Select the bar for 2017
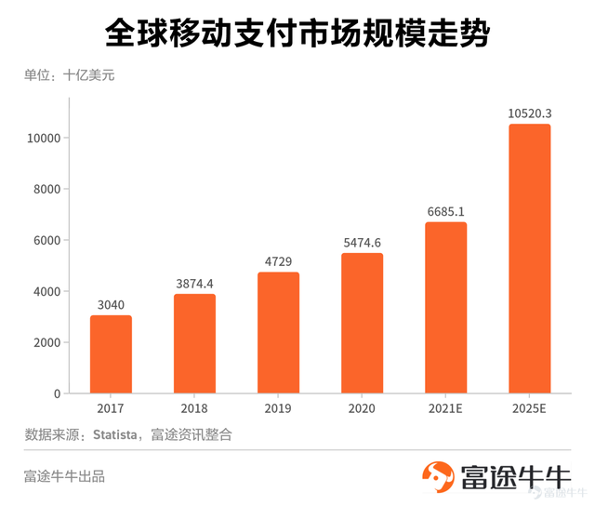click(x=111, y=354)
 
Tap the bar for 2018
click(x=194, y=343)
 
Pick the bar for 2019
click(x=278, y=332)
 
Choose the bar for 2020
click(x=362, y=323)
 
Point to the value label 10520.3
click(x=529, y=113)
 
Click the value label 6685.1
click(x=445, y=211)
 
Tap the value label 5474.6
click(x=362, y=243)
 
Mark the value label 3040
click(x=111, y=305)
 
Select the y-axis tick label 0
click(x=57, y=394)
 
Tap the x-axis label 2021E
click(x=445, y=408)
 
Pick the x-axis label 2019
click(x=278, y=408)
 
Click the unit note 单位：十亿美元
click(x=69, y=75)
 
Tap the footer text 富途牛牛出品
click(x=64, y=476)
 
